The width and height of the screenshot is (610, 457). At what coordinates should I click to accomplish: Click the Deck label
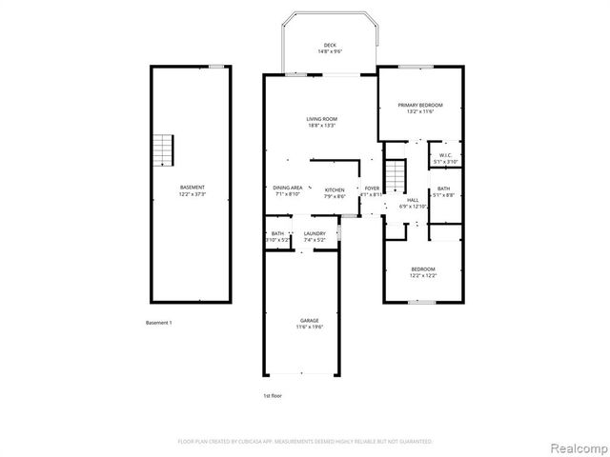pyautogui.click(x=329, y=45)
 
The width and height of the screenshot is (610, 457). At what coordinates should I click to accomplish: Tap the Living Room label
pyautogui.click(x=322, y=119)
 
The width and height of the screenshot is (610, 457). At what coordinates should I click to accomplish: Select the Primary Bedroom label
pyautogui.click(x=420, y=105)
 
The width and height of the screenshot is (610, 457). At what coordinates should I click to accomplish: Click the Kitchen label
pyautogui.click(x=334, y=189)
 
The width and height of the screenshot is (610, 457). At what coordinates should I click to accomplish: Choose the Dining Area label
pyautogui.click(x=288, y=189)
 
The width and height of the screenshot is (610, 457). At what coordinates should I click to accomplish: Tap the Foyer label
pyautogui.click(x=372, y=189)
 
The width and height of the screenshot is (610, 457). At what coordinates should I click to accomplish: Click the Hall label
pyautogui.click(x=413, y=200)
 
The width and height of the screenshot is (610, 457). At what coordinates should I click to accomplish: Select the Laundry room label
pyautogui.click(x=315, y=233)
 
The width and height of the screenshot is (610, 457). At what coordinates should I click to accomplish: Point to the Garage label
pyautogui.click(x=311, y=321)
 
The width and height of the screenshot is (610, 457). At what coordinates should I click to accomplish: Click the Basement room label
pyautogui.click(x=192, y=188)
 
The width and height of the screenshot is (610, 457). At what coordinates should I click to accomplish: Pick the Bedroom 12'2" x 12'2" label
pyautogui.click(x=423, y=269)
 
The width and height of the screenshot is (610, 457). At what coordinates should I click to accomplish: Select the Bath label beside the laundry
pyautogui.click(x=277, y=233)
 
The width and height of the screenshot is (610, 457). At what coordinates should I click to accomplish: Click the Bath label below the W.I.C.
pyautogui.click(x=444, y=189)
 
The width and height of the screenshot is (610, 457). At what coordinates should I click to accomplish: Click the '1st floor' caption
pyautogui.click(x=273, y=395)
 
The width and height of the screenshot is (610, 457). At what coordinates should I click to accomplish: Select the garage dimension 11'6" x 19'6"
pyautogui.click(x=311, y=327)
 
